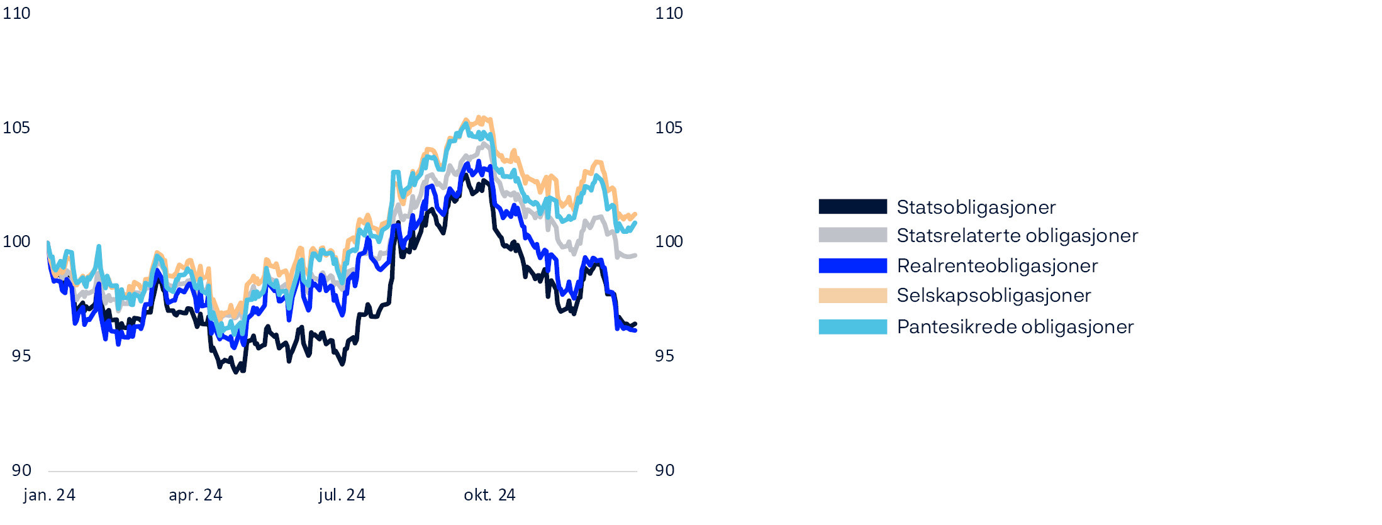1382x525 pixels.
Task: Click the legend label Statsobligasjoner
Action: pos(976,207)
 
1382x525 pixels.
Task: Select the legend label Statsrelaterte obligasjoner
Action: pos(1017,236)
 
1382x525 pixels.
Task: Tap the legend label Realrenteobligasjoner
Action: pos(997,266)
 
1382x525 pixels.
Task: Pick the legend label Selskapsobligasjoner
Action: pos(993,296)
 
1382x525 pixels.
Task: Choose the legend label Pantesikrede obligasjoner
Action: pos(1015,327)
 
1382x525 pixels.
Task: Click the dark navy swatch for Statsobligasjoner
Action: pos(852,206)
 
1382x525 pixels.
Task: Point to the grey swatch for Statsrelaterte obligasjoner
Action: pos(852,235)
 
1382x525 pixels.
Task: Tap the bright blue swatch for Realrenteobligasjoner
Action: pos(852,266)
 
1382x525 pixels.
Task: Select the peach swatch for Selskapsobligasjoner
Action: pos(852,296)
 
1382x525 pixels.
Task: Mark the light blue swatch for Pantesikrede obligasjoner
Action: pos(852,327)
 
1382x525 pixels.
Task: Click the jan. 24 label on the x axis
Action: pos(49,495)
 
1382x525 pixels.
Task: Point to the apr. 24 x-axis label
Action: pos(195,495)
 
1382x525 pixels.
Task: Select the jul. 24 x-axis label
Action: pos(342,495)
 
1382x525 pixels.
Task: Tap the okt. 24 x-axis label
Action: pos(489,495)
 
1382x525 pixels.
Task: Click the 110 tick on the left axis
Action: pos(16,13)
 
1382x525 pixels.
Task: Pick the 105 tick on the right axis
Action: pos(669,128)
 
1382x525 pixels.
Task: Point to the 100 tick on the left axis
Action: pos(16,241)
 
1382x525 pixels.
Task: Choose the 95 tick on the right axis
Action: pos(664,356)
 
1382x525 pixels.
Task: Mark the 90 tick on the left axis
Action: pos(21,470)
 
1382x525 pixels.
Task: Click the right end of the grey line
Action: pos(636,255)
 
